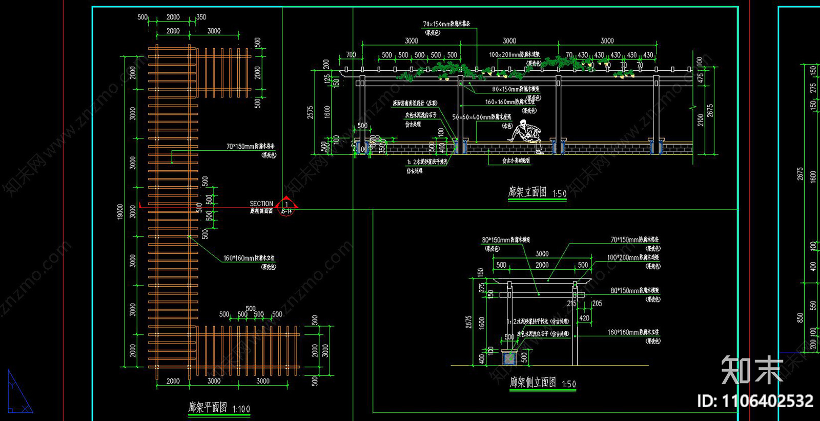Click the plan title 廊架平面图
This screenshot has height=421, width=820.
click(x=207, y=407)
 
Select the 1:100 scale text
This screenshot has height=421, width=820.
click(x=241, y=409)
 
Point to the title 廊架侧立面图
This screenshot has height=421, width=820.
click(x=532, y=382)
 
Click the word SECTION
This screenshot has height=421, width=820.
click(x=261, y=204)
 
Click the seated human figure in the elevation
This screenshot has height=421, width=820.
click(x=526, y=135)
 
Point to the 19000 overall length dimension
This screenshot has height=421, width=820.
click(x=120, y=211)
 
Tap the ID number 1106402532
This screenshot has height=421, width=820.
click(x=755, y=401)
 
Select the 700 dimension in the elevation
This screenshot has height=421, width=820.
click(x=351, y=55)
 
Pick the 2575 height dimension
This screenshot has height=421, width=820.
click(x=310, y=113)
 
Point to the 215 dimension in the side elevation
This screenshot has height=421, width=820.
click(x=572, y=304)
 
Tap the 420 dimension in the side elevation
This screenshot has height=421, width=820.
click(x=584, y=318)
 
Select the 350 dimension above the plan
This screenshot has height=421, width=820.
click(x=201, y=17)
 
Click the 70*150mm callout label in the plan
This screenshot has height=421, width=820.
click(x=250, y=147)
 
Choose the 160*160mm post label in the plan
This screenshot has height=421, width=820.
click(x=249, y=258)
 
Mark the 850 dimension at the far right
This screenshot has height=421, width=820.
click(x=800, y=318)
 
